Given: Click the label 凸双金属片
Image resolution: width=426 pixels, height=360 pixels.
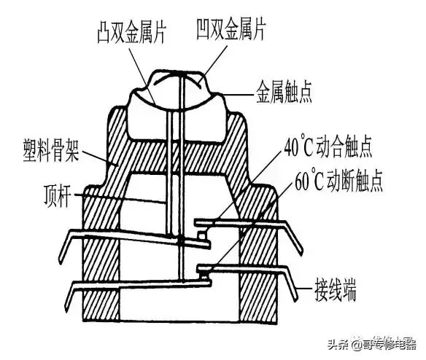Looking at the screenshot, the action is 132,34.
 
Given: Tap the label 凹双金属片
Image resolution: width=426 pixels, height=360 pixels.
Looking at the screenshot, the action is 231,29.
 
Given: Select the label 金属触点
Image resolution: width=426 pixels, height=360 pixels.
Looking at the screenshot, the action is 284,93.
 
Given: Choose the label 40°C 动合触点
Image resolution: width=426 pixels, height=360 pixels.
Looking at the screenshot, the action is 328,148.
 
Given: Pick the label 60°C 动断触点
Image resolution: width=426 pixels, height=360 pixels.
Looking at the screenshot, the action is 339,181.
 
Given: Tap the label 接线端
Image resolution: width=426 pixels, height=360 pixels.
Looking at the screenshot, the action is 336,290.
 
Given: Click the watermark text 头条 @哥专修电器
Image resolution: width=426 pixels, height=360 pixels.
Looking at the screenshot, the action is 372,344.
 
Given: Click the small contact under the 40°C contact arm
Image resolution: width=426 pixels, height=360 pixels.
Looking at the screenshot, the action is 202,235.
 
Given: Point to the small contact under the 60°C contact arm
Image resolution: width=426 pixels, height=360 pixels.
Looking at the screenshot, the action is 204,276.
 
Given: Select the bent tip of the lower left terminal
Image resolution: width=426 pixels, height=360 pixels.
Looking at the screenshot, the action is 68,301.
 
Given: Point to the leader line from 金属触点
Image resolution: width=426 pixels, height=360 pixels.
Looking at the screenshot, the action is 239,95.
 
